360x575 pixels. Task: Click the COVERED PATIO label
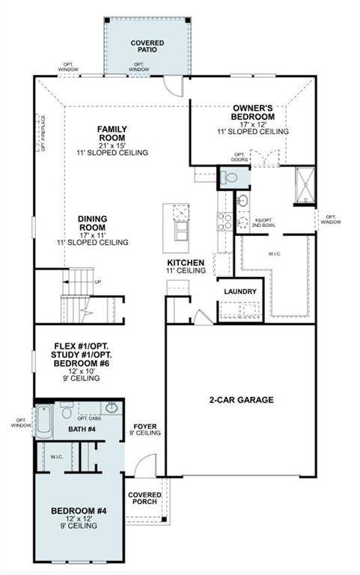click(147, 47)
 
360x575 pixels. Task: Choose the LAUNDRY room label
click(240, 291)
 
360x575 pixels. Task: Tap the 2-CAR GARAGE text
click(240, 400)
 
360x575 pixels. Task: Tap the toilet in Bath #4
click(66, 411)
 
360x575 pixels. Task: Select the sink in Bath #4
click(112, 407)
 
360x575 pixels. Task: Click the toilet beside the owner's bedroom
click(229, 177)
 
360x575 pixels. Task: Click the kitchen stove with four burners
click(225, 220)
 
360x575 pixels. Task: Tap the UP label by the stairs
click(98, 282)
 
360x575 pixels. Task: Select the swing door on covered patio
click(174, 85)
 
